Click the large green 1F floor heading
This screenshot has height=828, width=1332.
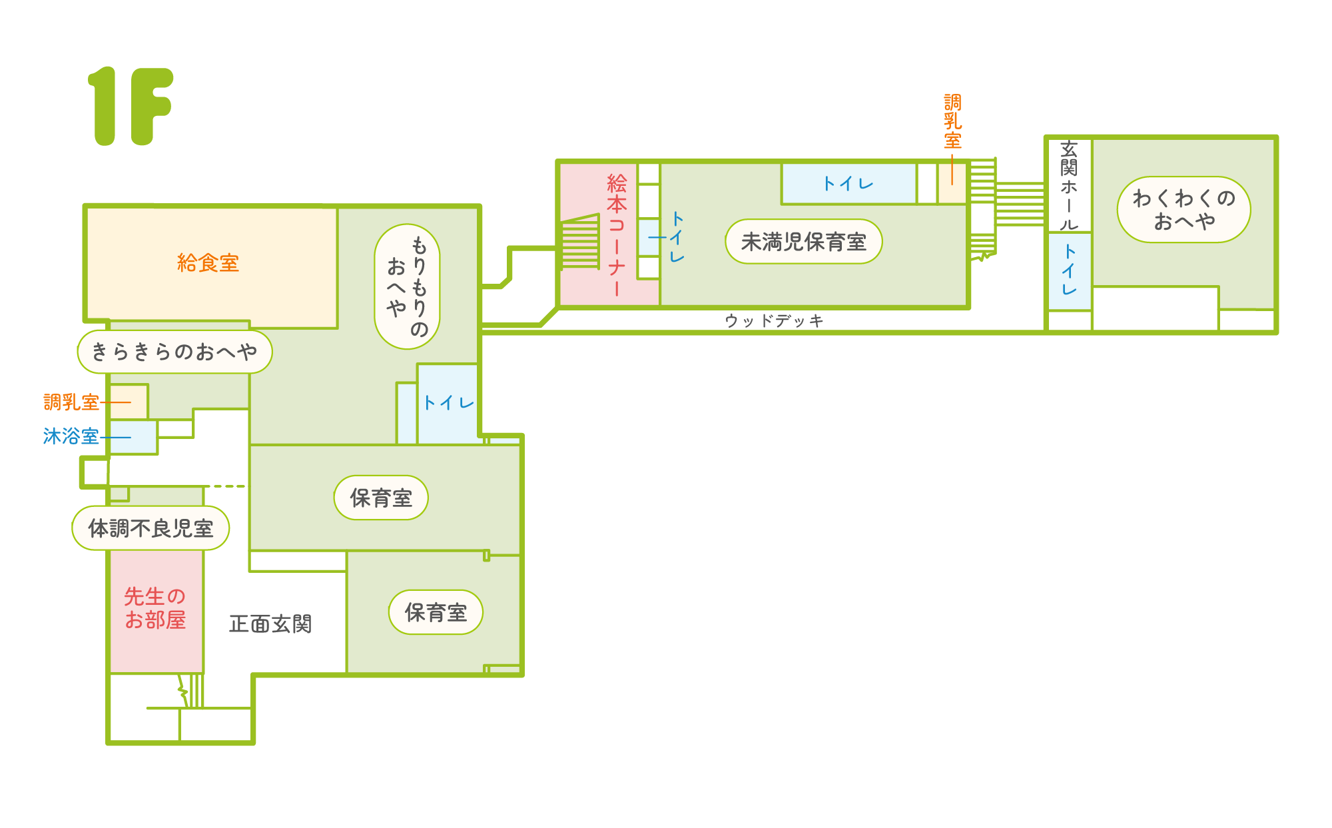point(131,106)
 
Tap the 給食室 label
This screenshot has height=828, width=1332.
point(208,263)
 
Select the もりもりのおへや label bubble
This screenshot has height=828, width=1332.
point(408,286)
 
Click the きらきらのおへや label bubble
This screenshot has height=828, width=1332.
point(174,352)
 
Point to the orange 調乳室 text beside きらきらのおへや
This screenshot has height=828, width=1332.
point(71,402)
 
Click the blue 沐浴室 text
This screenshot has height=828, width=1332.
point(71,436)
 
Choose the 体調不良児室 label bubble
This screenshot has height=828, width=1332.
point(151,528)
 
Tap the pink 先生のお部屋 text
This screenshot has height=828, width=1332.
point(155,608)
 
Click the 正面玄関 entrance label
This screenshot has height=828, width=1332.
point(270,624)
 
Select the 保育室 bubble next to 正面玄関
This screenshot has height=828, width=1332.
point(436,612)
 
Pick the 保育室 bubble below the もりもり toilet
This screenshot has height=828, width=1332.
point(381,498)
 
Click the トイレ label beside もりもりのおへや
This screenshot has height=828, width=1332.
point(448,402)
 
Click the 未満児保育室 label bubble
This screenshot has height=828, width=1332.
point(804,242)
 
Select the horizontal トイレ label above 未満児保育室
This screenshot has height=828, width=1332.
point(848,184)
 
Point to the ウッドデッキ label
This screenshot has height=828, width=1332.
point(775,321)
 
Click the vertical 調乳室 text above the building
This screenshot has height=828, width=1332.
point(952,121)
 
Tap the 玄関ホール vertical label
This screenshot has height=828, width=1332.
point(1069,185)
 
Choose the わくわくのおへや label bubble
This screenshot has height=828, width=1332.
point(1183,209)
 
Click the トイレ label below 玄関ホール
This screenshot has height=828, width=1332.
point(1069,270)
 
